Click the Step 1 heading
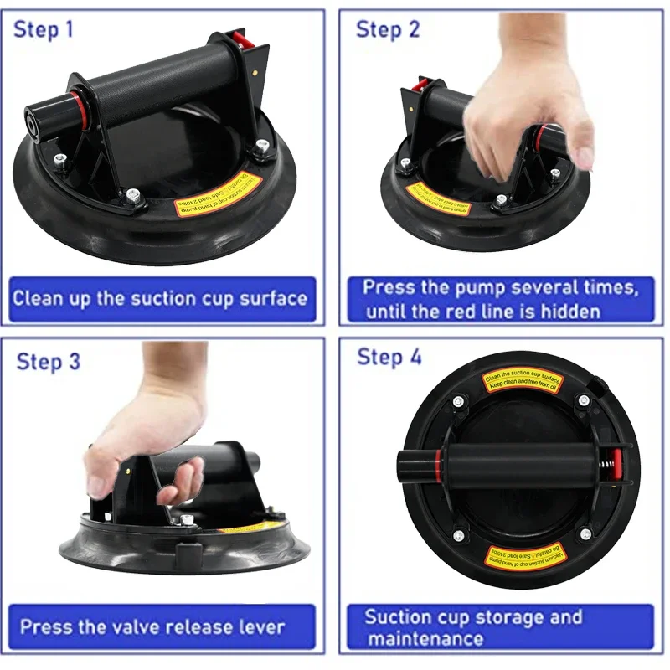[x=44, y=30]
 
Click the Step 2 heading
[x=388, y=29]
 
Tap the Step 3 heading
[x=49, y=362]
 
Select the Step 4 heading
[x=389, y=357]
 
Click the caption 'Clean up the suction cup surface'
[x=160, y=299]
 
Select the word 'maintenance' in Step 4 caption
[x=425, y=640]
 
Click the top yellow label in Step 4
[x=523, y=384]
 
